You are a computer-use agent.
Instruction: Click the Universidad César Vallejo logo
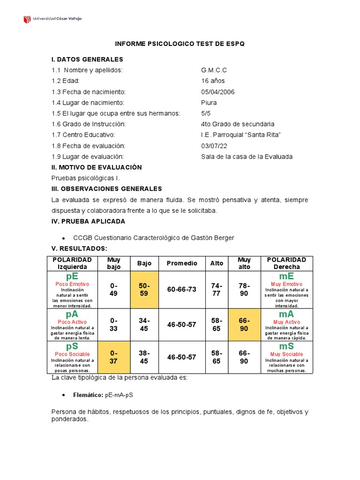[52, 19]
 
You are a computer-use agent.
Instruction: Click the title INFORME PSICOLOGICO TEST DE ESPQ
[180, 44]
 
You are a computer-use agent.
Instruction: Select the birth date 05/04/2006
[218, 92]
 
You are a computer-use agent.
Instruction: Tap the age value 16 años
[213, 81]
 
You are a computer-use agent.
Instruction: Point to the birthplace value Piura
[209, 103]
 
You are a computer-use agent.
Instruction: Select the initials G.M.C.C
[214, 70]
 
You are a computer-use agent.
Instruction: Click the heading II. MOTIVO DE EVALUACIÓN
[97, 167]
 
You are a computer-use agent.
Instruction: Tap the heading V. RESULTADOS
[79, 248]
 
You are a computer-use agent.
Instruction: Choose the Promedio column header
[182, 263]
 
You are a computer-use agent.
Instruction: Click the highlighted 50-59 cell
[144, 290]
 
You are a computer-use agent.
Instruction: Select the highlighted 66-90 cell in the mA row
[244, 324]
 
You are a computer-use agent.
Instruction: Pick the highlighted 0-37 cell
[114, 357]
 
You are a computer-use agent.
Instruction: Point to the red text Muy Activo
[286, 322]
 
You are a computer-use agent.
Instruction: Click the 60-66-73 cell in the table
[182, 290]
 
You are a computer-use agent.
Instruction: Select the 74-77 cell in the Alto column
[217, 290]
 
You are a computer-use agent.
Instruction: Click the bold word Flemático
[88, 395]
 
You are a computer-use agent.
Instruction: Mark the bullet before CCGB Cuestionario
[63, 238]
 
